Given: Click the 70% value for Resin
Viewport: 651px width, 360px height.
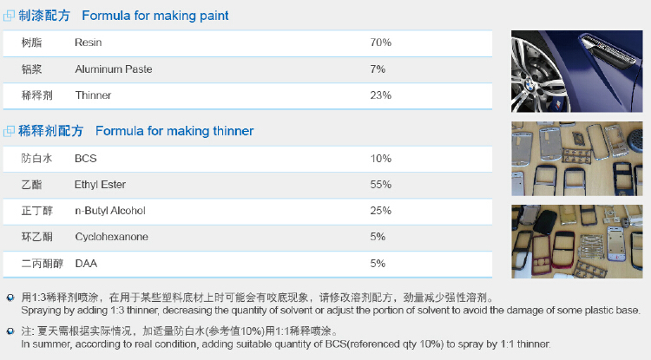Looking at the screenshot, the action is click(x=381, y=43).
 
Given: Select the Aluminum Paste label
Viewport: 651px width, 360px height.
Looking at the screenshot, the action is click(x=114, y=69).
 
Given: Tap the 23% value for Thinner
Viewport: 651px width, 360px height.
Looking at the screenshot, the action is click(x=381, y=95).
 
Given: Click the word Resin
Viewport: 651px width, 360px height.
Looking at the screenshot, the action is click(x=88, y=43).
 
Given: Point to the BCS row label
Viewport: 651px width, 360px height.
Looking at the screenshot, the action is click(x=86, y=159).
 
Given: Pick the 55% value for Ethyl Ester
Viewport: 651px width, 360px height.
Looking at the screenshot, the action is click(x=381, y=185).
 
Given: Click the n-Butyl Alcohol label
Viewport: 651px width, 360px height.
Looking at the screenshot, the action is click(x=110, y=211).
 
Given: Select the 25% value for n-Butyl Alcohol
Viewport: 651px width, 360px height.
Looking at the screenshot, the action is click(x=381, y=211).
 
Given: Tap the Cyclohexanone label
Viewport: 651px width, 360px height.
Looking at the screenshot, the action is click(x=111, y=237).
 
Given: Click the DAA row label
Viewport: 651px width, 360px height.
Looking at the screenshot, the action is click(x=86, y=264).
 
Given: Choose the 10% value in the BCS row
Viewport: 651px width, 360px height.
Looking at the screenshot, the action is click(x=381, y=159).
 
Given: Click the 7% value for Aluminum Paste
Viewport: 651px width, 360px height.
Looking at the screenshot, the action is click(x=378, y=69).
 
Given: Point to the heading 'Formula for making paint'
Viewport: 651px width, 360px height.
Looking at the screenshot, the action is click(x=155, y=16).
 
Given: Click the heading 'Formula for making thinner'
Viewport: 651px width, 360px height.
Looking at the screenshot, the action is click(x=174, y=131).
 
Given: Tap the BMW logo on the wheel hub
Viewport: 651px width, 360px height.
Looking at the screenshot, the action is click(x=529, y=85).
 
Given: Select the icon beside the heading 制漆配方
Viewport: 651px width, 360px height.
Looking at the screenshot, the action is click(x=9, y=16).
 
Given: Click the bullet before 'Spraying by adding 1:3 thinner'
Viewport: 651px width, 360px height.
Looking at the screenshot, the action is click(x=10, y=298).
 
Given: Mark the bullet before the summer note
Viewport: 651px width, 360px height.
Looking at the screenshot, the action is click(x=10, y=331).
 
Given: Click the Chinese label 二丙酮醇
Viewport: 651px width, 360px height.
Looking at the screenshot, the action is click(x=43, y=264).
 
